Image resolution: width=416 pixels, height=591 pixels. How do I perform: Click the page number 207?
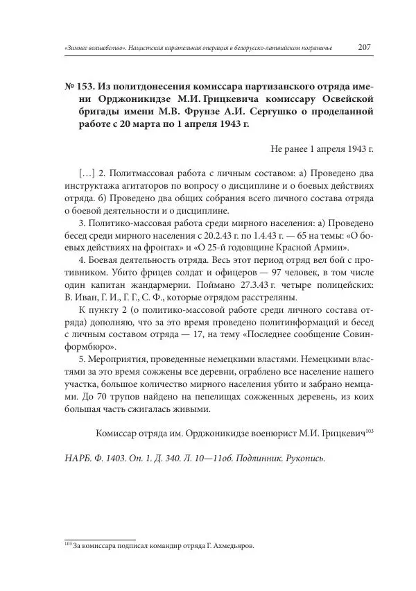[x=365, y=48]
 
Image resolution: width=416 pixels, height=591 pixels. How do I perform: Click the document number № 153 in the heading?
[x=78, y=87]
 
